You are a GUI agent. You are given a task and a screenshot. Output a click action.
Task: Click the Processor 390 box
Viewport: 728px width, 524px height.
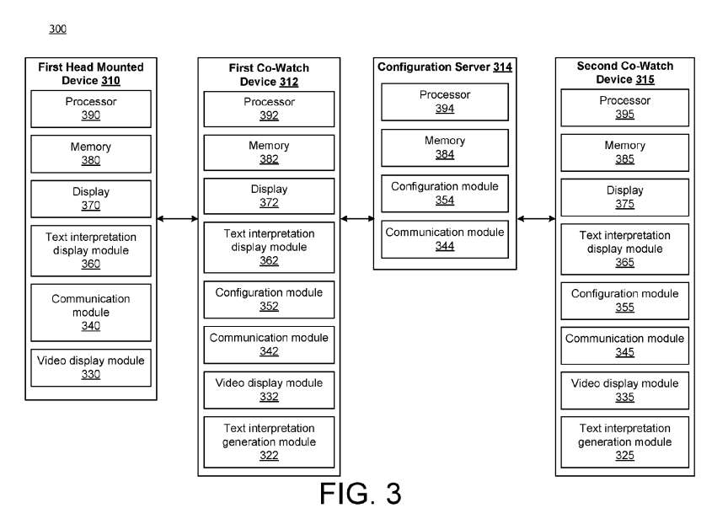tap(91, 109)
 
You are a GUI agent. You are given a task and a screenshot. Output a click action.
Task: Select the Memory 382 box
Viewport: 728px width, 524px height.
tap(269, 152)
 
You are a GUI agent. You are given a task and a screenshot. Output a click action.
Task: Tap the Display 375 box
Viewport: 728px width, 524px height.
tap(624, 197)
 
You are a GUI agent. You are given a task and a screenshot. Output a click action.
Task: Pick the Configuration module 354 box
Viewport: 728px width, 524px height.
tap(445, 193)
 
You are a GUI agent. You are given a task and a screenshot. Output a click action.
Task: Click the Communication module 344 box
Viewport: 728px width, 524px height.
tap(445, 238)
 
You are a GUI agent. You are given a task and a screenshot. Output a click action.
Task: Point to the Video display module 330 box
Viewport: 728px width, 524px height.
tap(91, 367)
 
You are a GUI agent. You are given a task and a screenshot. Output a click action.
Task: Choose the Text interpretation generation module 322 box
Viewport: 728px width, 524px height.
tap(269, 441)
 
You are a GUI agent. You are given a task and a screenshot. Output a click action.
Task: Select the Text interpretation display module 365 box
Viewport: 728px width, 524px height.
tap(624, 249)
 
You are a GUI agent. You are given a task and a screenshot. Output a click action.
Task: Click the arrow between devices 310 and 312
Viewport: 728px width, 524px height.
tap(177, 219)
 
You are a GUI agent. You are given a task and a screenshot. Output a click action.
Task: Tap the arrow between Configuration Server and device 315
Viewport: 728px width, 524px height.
tap(536, 219)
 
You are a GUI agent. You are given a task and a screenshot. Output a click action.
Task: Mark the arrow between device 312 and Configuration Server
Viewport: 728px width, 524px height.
tap(357, 219)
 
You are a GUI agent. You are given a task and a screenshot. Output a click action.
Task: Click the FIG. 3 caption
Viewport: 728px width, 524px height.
tap(360, 494)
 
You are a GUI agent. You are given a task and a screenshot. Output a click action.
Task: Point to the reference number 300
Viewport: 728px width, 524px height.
tap(57, 29)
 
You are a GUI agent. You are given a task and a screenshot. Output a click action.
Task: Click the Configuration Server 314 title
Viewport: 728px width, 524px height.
tap(444, 67)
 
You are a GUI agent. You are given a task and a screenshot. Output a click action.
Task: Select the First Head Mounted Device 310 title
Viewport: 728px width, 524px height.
tap(91, 74)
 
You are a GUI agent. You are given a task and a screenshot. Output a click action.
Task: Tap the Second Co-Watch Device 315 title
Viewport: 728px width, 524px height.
tap(624, 72)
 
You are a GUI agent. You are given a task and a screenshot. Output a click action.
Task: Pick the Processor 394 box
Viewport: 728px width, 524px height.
tap(445, 102)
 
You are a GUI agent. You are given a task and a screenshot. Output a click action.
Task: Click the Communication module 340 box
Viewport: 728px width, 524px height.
tap(91, 312)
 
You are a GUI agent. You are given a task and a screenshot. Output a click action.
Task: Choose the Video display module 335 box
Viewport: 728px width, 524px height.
tap(624, 390)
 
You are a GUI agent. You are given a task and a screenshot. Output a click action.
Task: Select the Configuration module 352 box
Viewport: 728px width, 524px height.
tap(269, 299)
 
